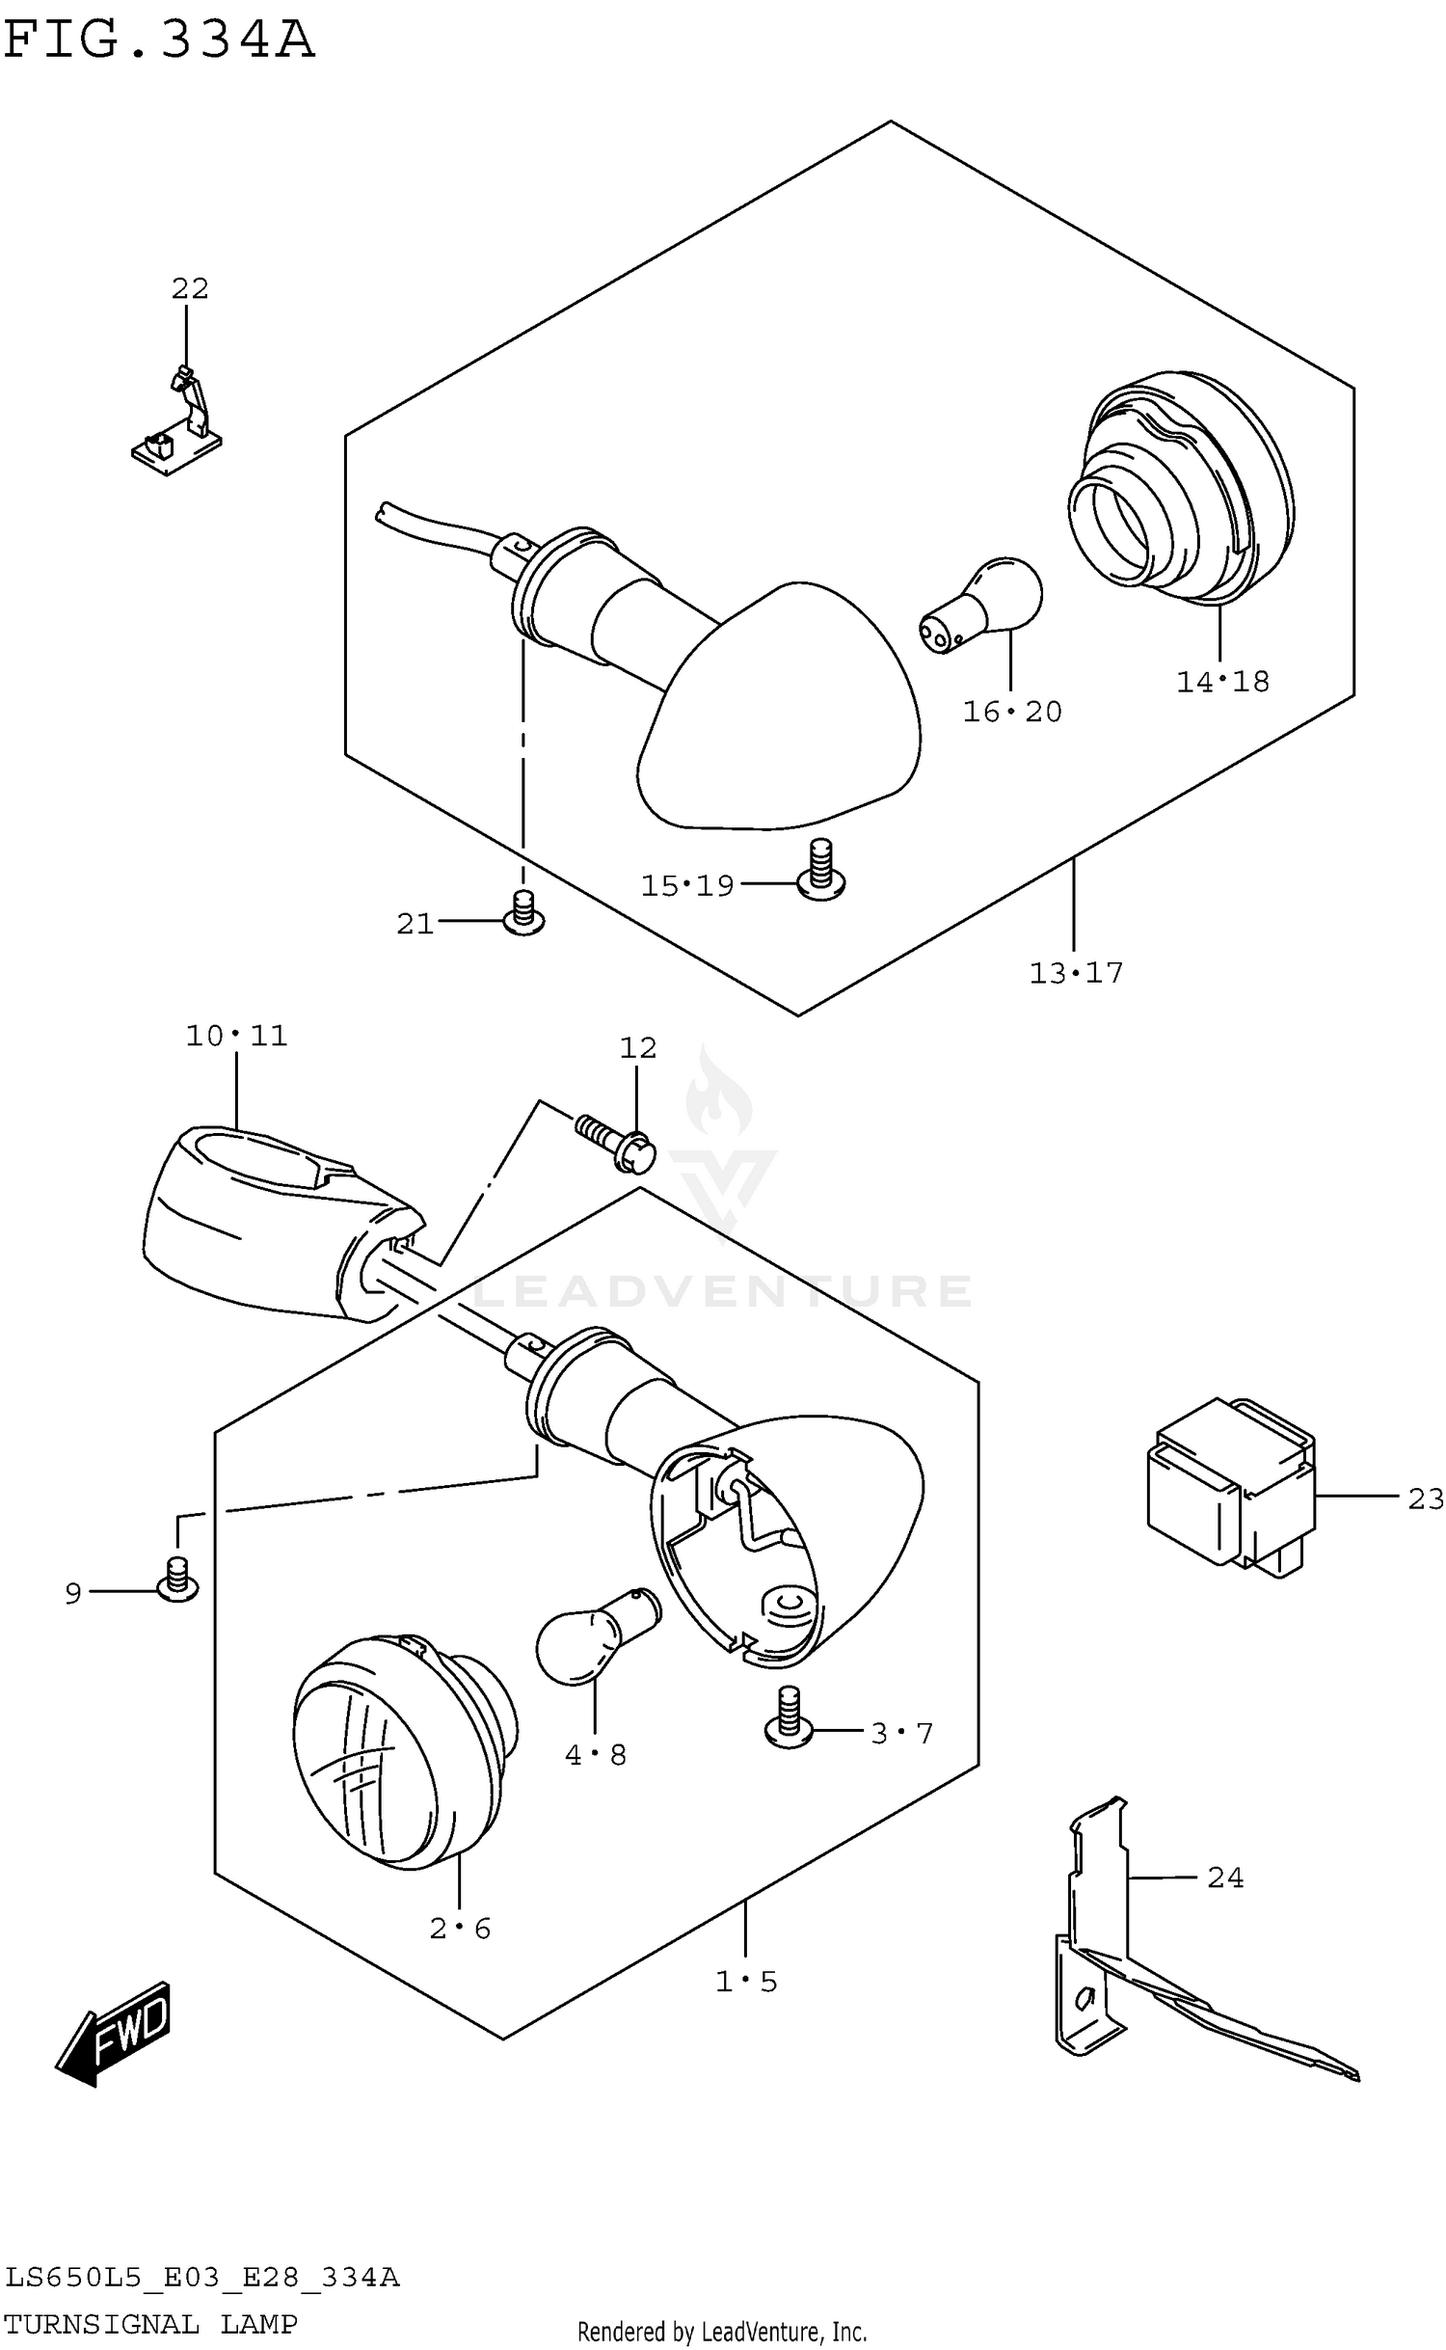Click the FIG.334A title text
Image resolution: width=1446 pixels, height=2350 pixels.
159,41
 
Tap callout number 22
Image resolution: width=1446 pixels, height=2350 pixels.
190,287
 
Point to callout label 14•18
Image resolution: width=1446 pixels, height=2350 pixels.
1222,682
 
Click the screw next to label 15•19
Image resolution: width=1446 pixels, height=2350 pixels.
820,869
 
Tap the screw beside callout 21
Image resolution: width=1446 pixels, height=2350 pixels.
523,913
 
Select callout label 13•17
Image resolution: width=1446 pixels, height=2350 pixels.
1076,973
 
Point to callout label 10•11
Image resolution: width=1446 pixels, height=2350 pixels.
236,1036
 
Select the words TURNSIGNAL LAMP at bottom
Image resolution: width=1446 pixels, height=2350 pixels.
150,2324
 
